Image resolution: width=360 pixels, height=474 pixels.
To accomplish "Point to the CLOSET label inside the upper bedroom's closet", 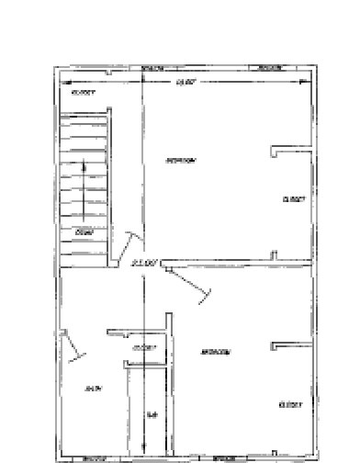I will [293, 198].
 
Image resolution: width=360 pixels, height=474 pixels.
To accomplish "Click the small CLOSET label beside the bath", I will [144, 347].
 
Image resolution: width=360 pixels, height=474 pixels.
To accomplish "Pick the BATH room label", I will [91, 389].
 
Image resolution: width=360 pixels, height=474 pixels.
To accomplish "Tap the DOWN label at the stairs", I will [84, 232].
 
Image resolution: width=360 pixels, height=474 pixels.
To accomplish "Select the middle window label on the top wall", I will [152, 68].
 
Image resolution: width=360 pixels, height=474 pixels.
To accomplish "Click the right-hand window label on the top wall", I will [269, 68].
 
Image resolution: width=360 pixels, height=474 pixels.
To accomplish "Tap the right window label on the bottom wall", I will [225, 457].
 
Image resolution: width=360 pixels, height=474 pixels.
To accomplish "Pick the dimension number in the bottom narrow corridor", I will [152, 416].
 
